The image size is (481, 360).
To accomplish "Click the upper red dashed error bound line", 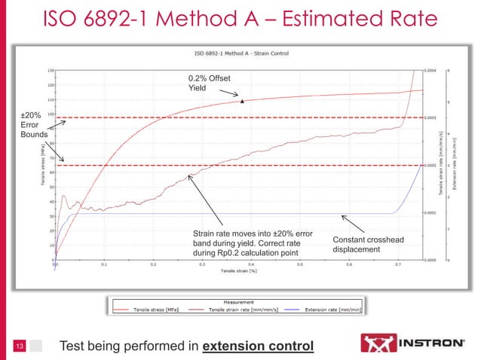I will pyautogui.click(x=226, y=118).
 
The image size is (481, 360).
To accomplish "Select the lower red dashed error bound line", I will pyautogui.click(x=226, y=165).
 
